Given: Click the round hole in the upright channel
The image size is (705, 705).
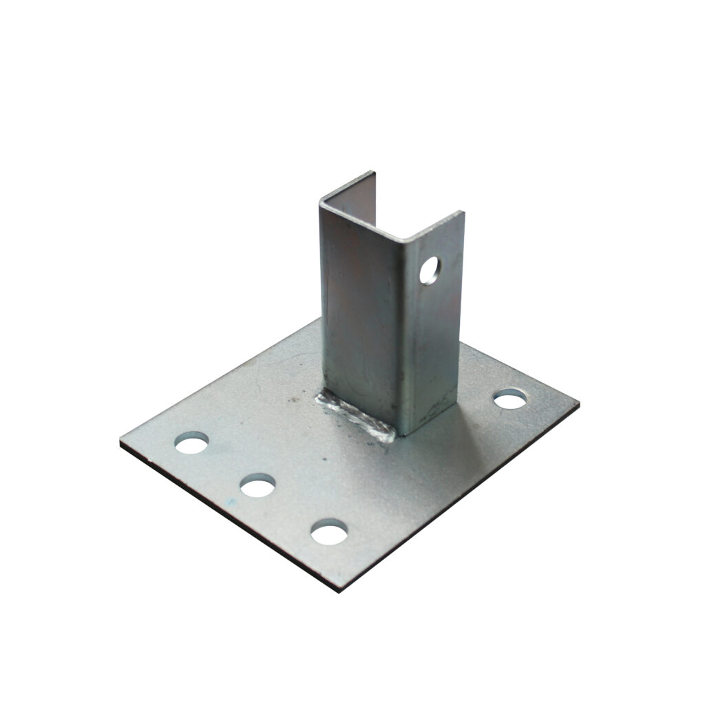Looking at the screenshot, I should [431, 269].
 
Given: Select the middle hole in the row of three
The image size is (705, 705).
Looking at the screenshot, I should [258, 486].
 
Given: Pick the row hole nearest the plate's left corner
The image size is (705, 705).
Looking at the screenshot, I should [191, 443].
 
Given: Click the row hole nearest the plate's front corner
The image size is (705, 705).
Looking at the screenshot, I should [328, 532].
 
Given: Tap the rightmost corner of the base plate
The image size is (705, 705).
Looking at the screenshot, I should [578, 401].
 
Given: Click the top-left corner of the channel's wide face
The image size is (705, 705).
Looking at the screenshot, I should [321, 202].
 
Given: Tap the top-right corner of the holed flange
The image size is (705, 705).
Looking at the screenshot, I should [463, 213].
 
